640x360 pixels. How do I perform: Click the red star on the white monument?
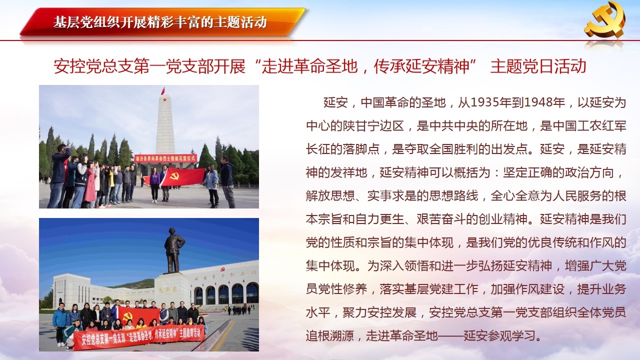coord(164,99)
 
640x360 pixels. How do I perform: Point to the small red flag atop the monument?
coord(163,91)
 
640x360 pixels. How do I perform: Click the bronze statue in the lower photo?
coord(173,250)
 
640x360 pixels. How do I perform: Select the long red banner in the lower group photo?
coord(139,337)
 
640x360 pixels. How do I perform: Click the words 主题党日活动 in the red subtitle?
coord(538,66)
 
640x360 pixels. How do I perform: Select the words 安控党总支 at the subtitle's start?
coord(93,66)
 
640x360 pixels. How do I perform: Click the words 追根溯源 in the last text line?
coord(330,335)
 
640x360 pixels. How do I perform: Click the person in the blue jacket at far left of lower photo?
coord(59,323)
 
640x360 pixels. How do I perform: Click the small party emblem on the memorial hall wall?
coord(222,269)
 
